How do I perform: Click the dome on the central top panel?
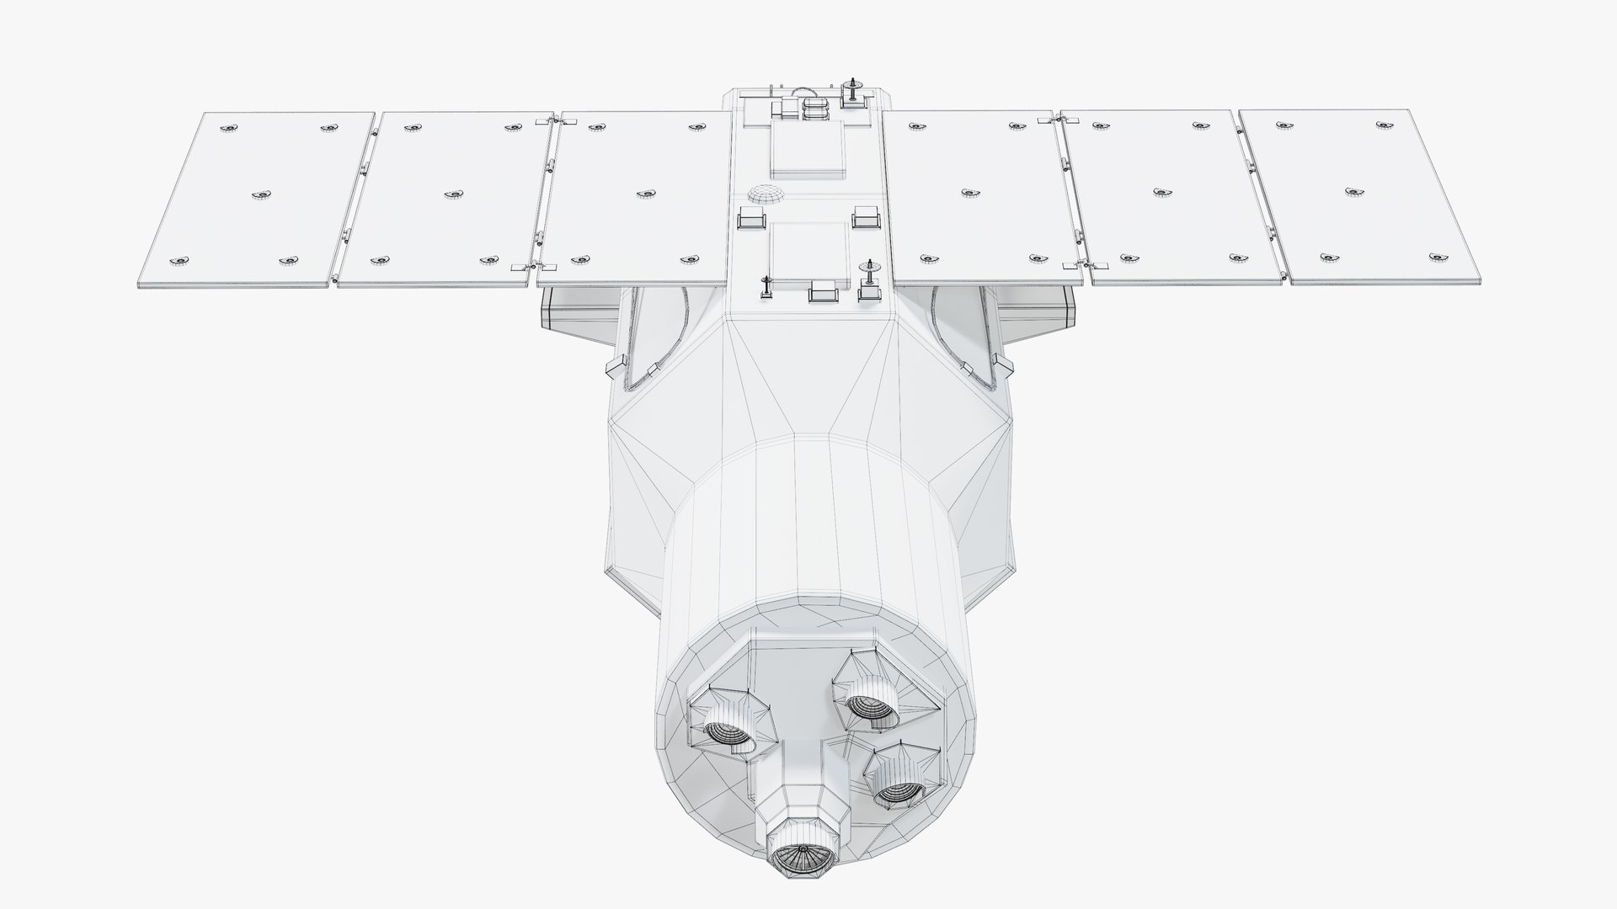[765, 194]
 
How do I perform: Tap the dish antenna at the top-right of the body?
[853, 91]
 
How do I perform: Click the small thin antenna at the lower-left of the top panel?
[766, 286]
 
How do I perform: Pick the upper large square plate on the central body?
[808, 146]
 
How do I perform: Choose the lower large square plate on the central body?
[808, 250]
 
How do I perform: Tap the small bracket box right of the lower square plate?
[865, 217]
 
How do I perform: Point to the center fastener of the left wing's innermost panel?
[646, 194]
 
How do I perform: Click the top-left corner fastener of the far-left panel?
[227, 128]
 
